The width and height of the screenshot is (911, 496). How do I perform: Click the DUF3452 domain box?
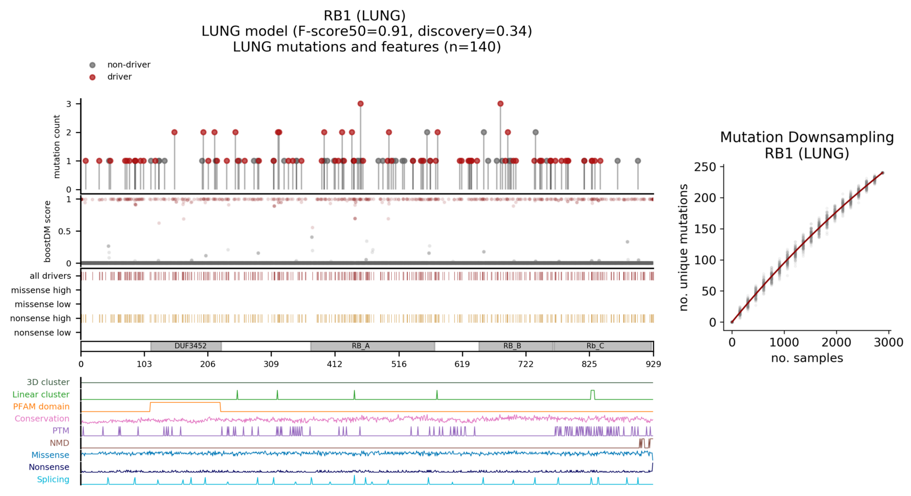point(186,346)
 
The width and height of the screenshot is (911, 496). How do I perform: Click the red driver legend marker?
point(93,77)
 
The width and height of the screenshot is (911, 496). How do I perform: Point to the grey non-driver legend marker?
point(93,65)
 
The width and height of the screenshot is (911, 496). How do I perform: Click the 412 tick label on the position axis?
point(335,364)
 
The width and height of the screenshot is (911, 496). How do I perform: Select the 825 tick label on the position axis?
point(589,364)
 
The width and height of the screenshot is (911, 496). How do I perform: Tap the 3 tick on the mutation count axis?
point(69,104)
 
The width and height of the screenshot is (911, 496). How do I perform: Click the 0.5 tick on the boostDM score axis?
point(65,231)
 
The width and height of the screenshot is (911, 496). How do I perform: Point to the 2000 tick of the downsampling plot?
point(836,343)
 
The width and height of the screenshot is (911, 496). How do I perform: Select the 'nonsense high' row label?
point(41,318)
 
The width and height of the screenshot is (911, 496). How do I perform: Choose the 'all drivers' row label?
point(50,276)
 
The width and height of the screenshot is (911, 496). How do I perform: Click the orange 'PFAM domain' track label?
point(41,407)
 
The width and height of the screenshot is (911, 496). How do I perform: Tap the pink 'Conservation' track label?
point(42,419)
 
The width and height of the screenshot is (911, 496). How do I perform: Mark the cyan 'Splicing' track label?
point(53,480)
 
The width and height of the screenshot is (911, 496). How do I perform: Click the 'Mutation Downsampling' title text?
point(806,138)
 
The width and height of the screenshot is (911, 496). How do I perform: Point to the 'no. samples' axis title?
point(807,358)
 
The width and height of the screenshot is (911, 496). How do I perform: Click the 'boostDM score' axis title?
point(48,231)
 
